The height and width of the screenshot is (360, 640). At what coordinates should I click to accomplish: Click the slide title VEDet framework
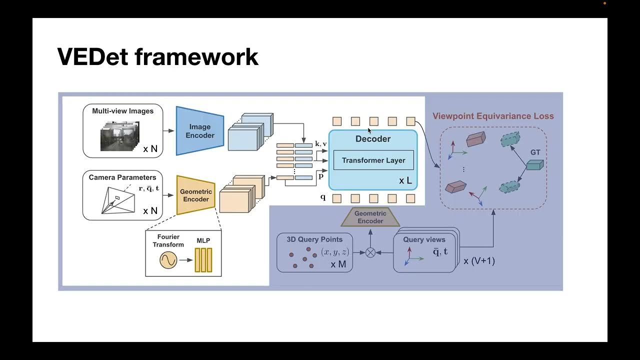pos(157,56)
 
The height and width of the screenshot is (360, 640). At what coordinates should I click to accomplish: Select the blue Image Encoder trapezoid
pos(199,131)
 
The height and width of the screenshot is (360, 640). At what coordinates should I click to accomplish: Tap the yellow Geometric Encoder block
pos(195,195)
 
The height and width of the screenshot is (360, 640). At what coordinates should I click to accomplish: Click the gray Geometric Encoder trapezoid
pos(370,217)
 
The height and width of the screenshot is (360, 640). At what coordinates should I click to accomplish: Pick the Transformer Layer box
pos(373,160)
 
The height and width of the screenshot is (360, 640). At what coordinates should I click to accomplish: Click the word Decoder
pos(373,139)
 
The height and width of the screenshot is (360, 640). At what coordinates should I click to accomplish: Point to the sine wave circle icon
pos(168,260)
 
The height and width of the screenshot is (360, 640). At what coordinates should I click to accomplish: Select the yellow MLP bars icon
pos(203,260)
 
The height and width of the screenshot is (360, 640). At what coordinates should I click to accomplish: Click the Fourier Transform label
pos(168,240)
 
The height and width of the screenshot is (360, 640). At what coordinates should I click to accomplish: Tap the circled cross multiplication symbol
pos(370,252)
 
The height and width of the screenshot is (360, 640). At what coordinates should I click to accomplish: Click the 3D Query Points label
pos(314,239)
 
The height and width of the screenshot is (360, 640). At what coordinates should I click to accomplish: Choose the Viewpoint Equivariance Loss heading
pos(493,116)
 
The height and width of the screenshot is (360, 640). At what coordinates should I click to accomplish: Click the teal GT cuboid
pos(534,164)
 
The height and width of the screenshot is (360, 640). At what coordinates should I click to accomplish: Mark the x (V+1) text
pos(479,260)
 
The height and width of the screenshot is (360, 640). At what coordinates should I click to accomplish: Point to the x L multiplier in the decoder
pos(405,180)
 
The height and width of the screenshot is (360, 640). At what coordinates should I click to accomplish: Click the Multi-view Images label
pos(122,111)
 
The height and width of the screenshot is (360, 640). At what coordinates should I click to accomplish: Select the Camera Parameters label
pos(122,177)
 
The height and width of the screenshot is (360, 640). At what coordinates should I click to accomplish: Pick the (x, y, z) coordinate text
pos(335,252)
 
